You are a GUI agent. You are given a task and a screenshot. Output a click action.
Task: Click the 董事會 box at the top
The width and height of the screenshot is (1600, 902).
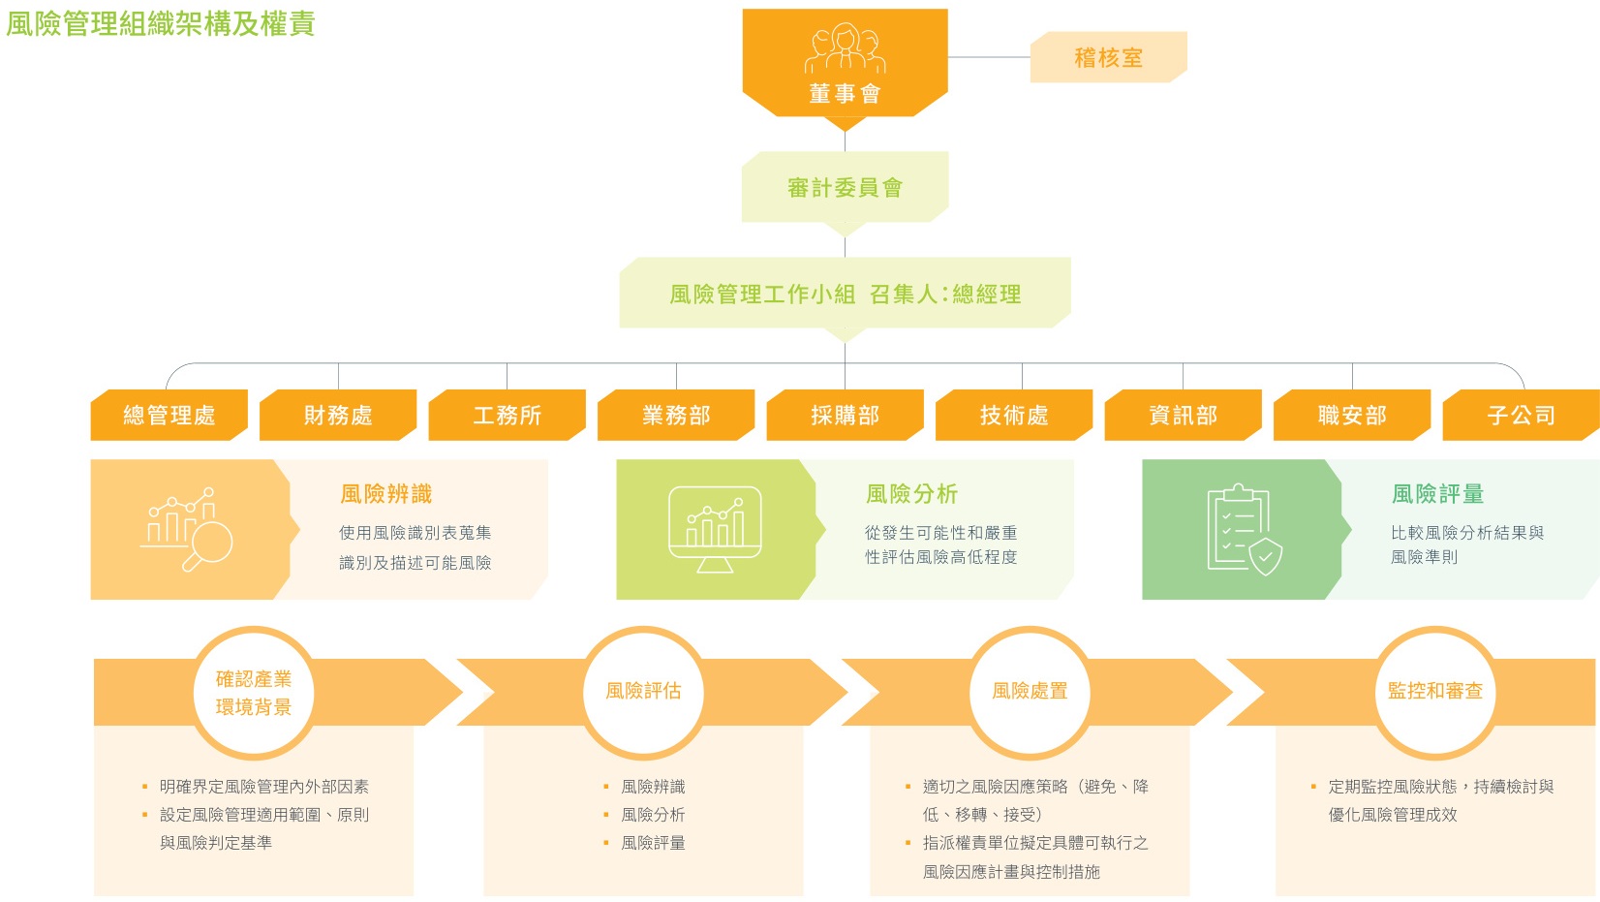coord(845,64)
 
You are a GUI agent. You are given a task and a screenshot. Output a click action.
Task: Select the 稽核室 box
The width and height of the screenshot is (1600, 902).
coord(1109,57)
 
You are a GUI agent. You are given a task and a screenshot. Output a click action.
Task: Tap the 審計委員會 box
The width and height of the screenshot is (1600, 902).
coord(845,187)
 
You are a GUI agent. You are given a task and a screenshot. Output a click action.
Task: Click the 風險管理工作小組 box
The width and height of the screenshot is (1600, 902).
coord(845,293)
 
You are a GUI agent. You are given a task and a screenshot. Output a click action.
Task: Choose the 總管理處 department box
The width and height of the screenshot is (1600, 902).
coord(169,416)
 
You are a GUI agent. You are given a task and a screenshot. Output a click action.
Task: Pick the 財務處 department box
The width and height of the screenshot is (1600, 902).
coord(338,416)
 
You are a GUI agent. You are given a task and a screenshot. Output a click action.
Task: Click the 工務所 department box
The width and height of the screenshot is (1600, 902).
coord(508,416)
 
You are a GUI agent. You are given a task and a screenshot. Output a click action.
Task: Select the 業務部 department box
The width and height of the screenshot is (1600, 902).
coord(676,416)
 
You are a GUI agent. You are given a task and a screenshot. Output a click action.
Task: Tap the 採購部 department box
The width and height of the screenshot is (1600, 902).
coord(845,416)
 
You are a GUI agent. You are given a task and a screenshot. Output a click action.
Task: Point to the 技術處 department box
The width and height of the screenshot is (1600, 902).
coord(1014,416)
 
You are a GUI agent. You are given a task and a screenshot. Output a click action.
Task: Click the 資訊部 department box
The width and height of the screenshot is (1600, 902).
coord(1184,416)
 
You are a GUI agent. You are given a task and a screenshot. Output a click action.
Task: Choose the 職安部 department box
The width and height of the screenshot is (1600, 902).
coord(1352,416)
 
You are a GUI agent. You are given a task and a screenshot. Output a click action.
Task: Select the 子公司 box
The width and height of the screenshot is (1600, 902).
coord(1522,416)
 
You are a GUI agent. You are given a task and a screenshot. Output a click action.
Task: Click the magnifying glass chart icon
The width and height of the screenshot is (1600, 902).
coord(187,530)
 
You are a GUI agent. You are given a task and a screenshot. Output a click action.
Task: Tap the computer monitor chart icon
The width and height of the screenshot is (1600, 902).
coord(715,530)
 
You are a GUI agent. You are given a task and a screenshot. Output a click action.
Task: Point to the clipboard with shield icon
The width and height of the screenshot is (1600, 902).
coord(1245,530)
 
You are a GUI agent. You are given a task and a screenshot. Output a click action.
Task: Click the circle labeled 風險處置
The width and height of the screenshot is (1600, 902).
coord(1030,692)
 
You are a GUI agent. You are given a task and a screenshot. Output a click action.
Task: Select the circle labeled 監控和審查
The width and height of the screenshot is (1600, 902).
coord(1435,692)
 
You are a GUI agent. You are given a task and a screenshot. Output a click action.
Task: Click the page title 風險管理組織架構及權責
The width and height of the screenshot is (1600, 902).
coord(161,23)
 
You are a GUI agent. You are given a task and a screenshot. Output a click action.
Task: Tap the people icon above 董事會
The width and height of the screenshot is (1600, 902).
coord(845,47)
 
